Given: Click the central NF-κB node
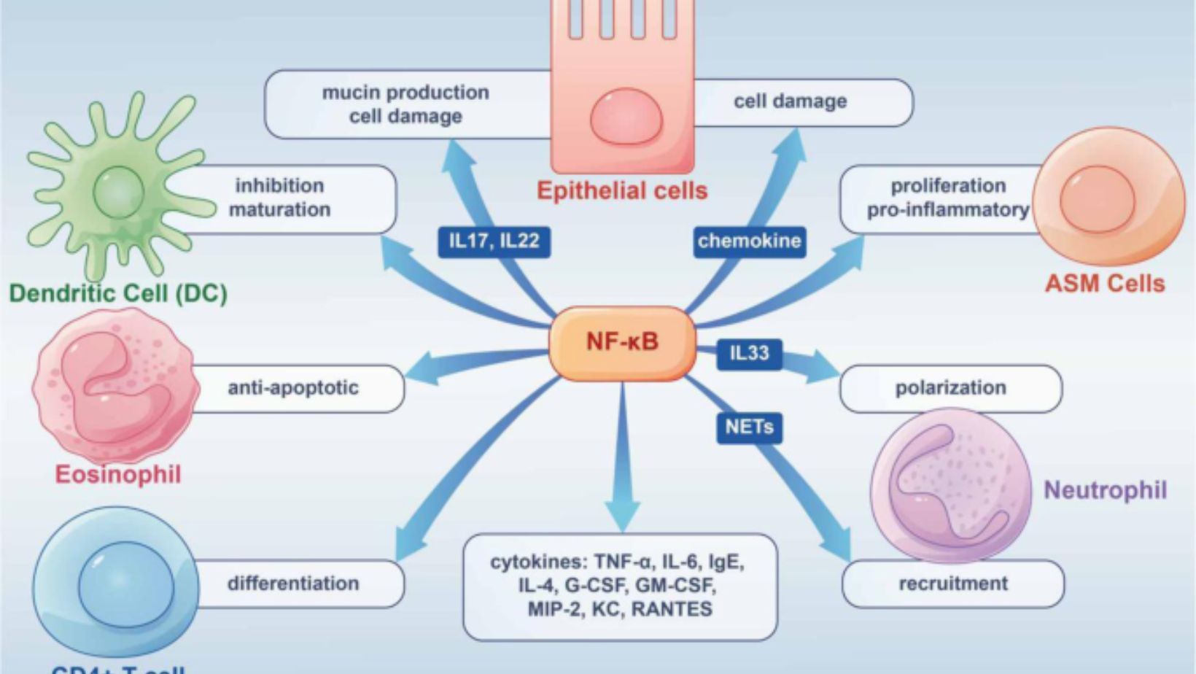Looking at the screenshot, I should point(622,341).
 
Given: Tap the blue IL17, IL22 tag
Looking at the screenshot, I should point(494,241).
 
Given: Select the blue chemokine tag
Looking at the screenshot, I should point(749,241).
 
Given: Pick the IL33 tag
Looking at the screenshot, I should point(749,354).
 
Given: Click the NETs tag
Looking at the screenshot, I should point(749,427).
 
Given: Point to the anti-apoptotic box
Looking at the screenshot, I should point(293,388).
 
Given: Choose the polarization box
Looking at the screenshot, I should point(950,388).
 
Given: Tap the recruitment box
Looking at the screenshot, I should point(953,584).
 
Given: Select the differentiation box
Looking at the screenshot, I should point(293,584).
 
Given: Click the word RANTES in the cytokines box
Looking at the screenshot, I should point(671,609).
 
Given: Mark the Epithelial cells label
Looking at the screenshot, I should point(622,191).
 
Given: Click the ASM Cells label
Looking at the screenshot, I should point(1105,284).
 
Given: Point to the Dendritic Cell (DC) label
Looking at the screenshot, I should point(118,293).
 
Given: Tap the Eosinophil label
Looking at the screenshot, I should point(118,475).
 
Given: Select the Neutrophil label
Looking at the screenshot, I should point(1105,490).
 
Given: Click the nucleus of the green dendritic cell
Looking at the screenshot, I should point(118,192).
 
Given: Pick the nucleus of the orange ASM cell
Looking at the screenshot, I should point(1097,198).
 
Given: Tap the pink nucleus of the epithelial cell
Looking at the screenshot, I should point(626,117).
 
